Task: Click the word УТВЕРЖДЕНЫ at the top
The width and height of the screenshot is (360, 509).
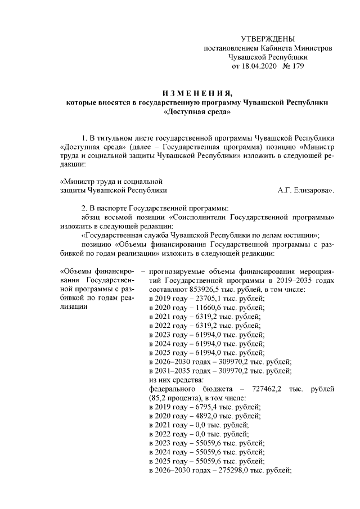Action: click(267, 39)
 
